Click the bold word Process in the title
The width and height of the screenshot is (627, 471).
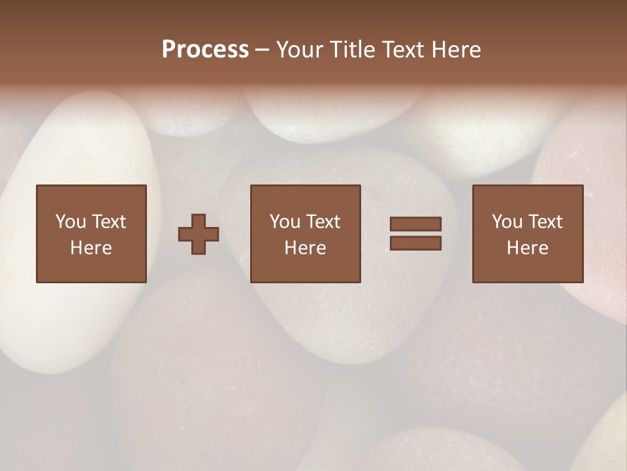(205, 50)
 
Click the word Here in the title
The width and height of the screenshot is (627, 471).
(457, 50)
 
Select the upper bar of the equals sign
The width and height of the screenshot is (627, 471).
(415, 224)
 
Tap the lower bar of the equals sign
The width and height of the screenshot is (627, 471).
(415, 243)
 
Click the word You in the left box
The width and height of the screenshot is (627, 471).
(71, 222)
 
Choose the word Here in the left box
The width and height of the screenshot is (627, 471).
(91, 248)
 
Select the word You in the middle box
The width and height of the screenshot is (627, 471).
(285, 222)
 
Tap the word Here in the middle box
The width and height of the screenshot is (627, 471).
(305, 248)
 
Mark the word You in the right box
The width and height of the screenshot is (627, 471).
(507, 222)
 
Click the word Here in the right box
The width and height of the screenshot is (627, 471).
(527, 248)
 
